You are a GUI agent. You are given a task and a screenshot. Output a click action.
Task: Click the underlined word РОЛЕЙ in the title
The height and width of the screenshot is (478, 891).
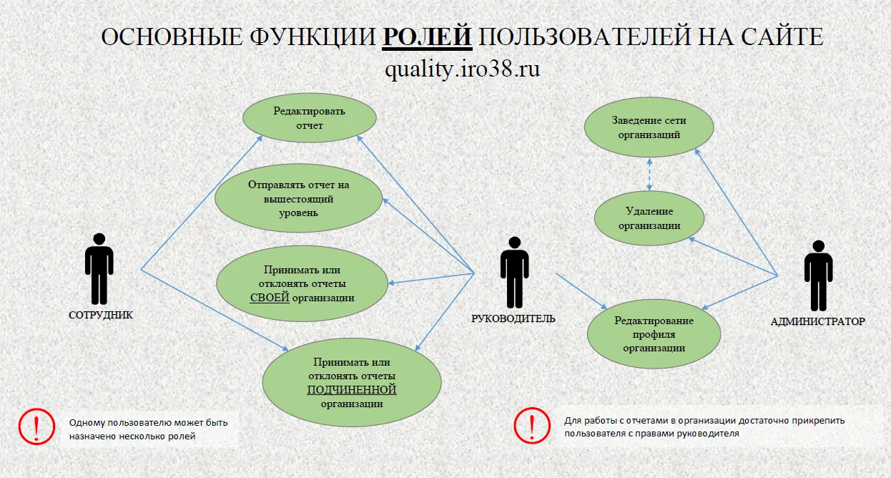[427, 36]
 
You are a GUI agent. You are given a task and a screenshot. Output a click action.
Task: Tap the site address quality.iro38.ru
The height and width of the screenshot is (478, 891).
[463, 69]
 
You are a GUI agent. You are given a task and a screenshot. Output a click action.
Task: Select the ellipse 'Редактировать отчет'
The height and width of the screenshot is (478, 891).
[310, 118]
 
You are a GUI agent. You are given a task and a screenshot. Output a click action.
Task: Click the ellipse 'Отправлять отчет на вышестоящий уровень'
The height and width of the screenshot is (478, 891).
[298, 198]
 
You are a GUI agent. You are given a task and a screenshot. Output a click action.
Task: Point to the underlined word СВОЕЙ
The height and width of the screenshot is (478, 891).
[270, 298]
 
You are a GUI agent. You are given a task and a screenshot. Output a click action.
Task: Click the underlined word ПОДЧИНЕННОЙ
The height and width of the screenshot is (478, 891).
[352, 390]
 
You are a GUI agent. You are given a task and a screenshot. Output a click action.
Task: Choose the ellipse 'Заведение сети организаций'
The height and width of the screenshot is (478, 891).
[649, 127]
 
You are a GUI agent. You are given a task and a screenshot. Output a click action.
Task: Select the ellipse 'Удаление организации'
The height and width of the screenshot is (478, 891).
[649, 218]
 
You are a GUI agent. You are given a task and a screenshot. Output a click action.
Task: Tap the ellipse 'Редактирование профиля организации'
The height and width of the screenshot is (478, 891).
[654, 334]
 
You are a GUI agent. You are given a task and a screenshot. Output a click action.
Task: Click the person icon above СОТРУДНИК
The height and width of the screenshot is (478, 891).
[99, 268]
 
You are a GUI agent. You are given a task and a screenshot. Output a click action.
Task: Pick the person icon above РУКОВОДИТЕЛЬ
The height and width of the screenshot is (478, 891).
[515, 272]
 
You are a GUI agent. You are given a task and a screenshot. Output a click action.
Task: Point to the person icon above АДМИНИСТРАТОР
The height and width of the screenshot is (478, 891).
[818, 275]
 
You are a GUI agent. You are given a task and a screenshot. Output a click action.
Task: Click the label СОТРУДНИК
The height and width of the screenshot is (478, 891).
[101, 315]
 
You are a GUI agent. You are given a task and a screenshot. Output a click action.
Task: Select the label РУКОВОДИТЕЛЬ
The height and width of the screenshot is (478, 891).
[513, 318]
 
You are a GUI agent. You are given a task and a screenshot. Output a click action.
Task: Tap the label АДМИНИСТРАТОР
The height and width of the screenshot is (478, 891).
[818, 321]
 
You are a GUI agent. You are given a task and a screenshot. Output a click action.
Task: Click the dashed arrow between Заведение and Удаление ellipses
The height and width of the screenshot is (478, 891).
[649, 175]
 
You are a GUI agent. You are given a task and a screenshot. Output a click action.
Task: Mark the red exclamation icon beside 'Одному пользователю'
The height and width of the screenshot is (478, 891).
[36, 426]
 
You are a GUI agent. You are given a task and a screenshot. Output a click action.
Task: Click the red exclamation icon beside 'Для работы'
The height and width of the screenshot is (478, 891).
[532, 426]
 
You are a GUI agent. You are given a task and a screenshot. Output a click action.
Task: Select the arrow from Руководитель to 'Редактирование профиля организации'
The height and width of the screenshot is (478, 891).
[581, 291]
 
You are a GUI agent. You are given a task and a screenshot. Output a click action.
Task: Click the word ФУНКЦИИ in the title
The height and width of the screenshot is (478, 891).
[312, 36]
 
